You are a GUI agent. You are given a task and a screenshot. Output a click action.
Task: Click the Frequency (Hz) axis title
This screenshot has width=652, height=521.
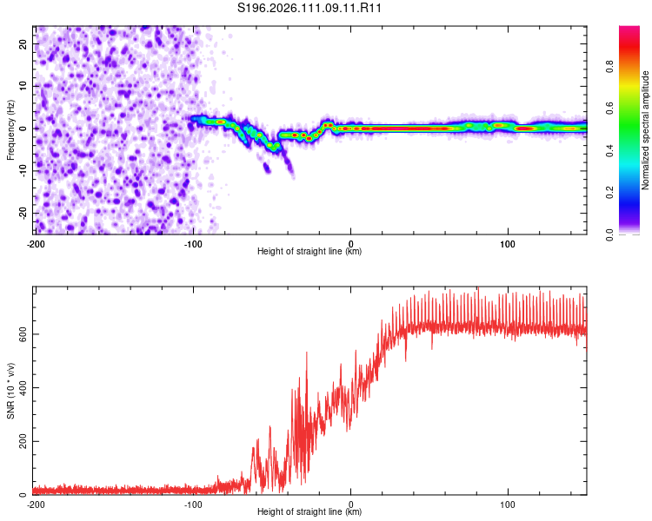point(10,129)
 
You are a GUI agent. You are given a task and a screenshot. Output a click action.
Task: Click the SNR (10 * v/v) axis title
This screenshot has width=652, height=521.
point(10,390)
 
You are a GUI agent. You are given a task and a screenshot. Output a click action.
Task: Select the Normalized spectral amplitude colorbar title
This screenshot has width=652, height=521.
point(646,130)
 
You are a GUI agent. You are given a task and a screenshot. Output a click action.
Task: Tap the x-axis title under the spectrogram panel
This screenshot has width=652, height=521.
point(309,252)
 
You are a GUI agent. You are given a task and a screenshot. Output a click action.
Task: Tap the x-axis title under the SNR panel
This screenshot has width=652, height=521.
point(309,512)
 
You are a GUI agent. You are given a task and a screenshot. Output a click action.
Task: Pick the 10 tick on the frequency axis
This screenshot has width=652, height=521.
point(23,85)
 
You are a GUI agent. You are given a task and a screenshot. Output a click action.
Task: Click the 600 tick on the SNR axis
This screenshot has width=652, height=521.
point(23,333)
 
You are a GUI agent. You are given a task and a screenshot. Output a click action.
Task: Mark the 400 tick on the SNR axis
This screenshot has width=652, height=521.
point(23,387)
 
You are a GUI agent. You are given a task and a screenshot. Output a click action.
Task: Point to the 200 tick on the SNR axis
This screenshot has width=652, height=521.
point(23,441)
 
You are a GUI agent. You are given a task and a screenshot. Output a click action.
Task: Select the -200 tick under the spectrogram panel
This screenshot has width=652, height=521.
point(36,243)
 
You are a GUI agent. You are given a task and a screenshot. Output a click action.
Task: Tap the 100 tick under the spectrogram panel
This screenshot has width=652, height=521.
point(508,243)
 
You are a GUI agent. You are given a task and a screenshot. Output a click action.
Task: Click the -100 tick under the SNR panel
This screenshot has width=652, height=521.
point(193,504)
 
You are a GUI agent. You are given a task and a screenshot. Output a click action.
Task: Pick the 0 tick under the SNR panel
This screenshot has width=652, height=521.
point(351,504)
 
